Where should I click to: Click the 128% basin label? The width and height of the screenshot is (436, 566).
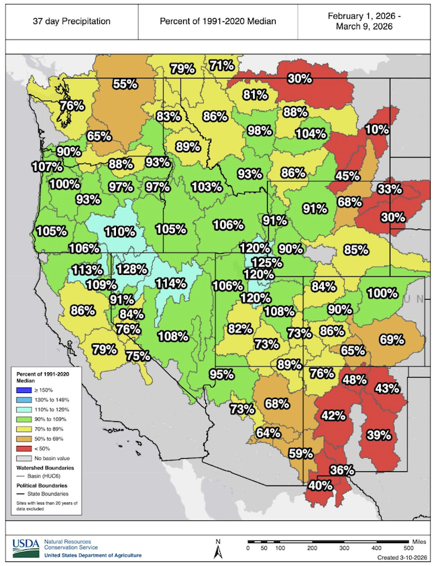pos(131,269)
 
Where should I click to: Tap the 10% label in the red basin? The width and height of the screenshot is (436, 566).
pos(375,129)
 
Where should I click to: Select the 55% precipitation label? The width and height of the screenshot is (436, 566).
pos(125,84)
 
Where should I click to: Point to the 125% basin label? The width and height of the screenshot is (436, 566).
pos(266,262)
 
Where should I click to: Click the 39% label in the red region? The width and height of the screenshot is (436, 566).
pos(379,435)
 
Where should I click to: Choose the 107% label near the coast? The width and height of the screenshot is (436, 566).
pos(48,166)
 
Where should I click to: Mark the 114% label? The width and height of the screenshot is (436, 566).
pos(170,282)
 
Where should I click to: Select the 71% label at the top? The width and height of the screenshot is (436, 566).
pos(221,65)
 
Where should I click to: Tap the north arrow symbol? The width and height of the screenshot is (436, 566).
pos(217,549)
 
